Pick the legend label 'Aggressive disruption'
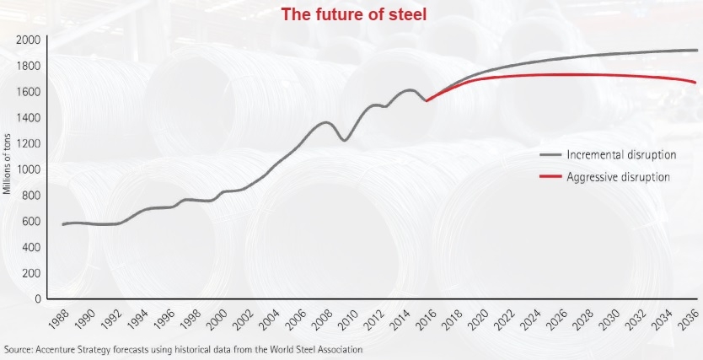(619, 177)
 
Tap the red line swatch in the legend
(550, 177)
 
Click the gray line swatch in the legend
(550, 155)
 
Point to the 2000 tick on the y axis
(29, 40)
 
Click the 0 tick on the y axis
(37, 298)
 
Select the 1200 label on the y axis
(29, 143)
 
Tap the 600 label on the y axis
(31, 221)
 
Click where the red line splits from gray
(428, 100)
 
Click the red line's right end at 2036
(695, 83)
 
